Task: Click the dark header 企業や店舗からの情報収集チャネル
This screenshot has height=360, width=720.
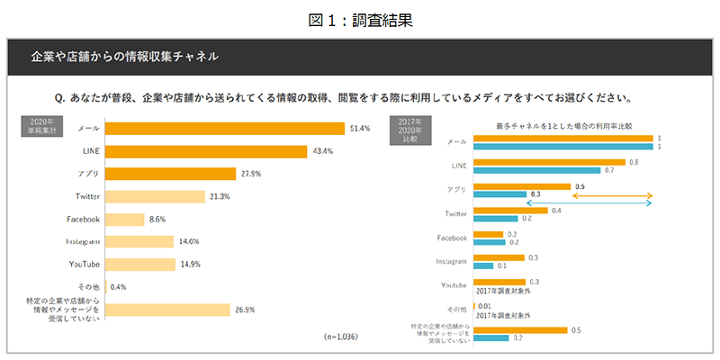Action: click(x=125, y=56)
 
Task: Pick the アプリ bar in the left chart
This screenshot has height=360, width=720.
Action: click(x=171, y=173)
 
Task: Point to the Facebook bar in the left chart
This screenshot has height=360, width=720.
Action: click(x=125, y=219)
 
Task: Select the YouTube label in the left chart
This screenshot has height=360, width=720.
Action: click(x=84, y=264)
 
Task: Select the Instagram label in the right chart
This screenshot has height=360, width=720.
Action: click(x=451, y=261)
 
